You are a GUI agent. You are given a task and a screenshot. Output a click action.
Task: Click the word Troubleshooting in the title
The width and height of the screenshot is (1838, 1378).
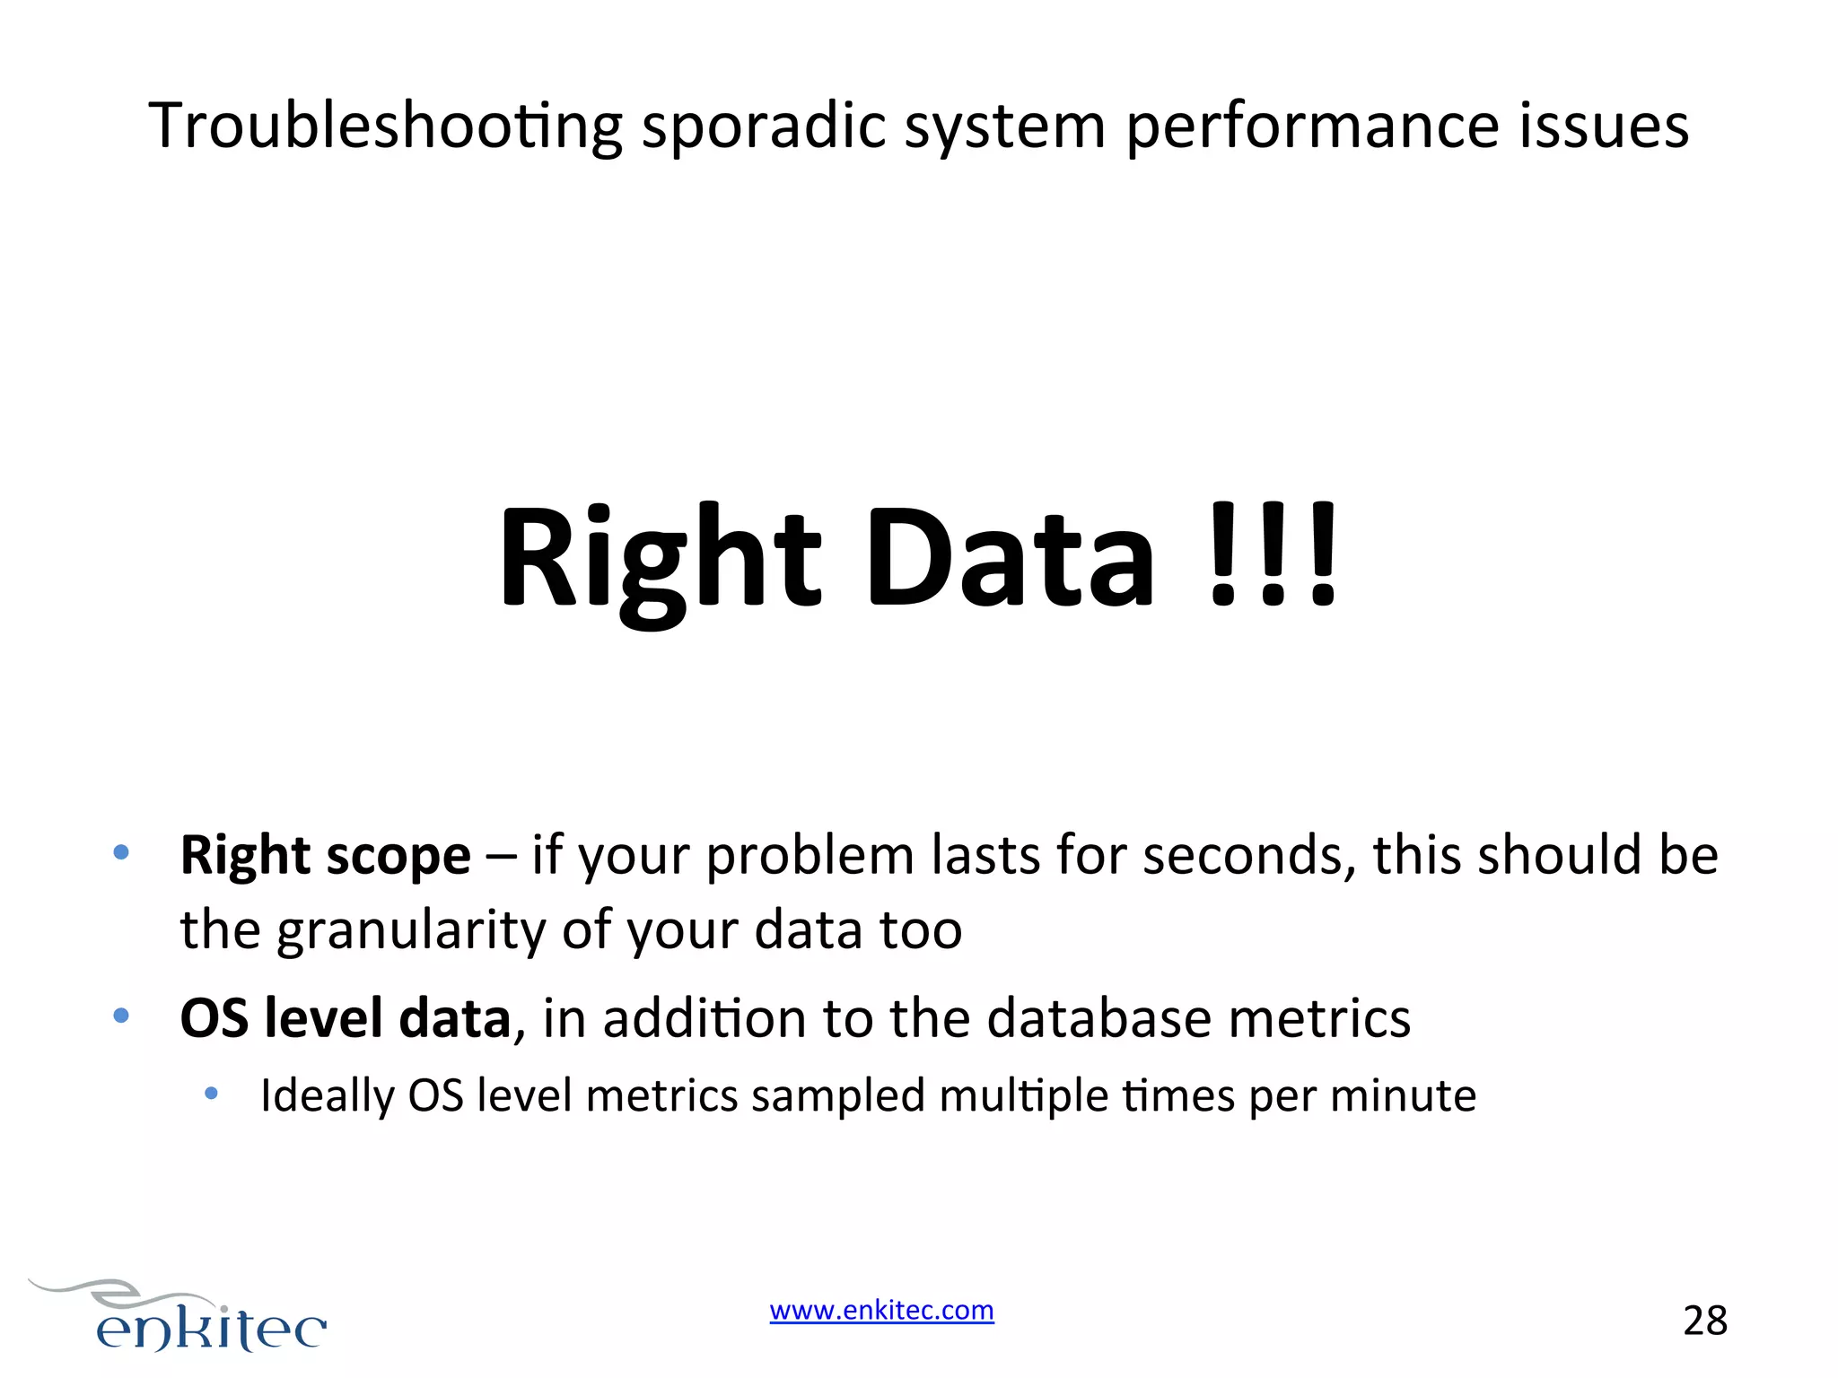(385, 126)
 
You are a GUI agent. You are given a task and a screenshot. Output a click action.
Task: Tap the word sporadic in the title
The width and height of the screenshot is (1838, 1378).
(764, 126)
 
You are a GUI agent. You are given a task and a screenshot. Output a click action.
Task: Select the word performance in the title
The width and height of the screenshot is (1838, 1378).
(1311, 126)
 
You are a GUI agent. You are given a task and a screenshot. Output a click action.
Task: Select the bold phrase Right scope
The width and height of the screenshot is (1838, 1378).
(325, 855)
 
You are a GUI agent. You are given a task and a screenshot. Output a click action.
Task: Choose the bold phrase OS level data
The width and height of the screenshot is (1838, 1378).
(346, 1019)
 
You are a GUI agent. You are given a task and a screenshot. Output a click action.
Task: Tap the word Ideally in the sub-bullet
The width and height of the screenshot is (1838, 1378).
(328, 1096)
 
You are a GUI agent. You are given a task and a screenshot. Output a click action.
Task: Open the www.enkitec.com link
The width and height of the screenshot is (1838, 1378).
(881, 1311)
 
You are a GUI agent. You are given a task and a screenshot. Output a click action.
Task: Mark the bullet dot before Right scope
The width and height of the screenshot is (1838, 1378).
(121, 851)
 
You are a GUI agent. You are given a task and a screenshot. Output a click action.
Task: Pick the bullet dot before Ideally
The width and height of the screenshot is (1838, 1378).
(212, 1093)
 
